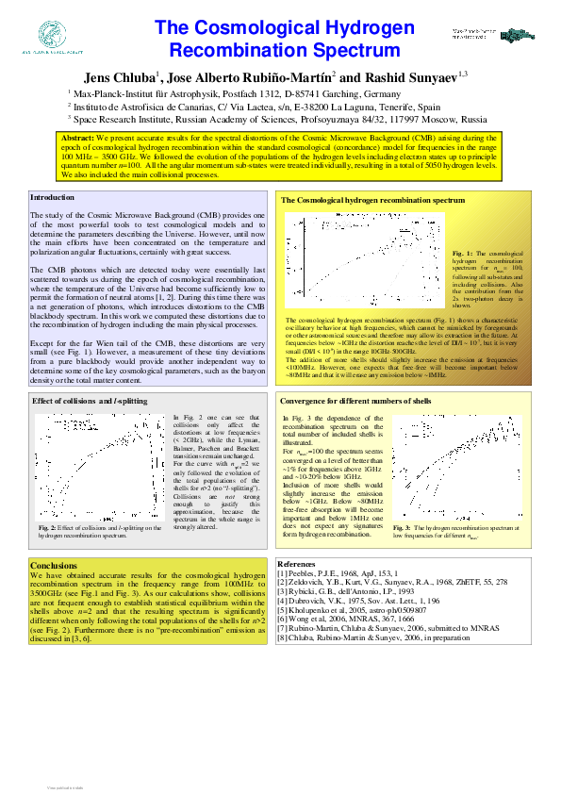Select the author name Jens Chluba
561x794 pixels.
coord(122,77)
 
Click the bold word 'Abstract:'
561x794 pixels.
coord(75,138)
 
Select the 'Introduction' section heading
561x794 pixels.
coord(52,198)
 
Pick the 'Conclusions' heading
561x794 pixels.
coord(54,566)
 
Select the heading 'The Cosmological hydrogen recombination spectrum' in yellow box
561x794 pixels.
coord(373,202)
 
